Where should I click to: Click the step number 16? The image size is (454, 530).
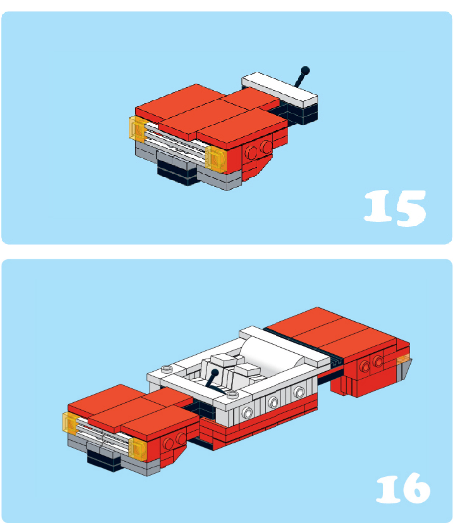pos(403,488)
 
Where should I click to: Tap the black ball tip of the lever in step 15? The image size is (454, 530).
pos(305,70)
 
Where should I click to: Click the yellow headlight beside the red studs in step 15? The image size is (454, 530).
pos(216,159)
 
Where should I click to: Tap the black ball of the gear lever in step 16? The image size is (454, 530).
pos(215,373)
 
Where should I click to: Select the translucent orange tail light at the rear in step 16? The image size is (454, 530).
pos(404,360)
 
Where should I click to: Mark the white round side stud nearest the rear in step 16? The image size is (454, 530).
pos(299,392)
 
